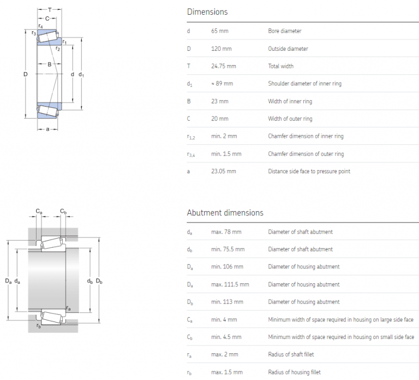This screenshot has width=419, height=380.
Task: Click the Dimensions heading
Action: (x=207, y=11)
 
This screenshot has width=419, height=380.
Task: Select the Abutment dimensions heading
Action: (x=225, y=213)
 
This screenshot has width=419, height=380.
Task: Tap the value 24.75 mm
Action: (x=223, y=66)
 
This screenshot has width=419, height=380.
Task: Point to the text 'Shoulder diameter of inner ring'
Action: (x=304, y=84)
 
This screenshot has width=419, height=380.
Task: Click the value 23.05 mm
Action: (x=223, y=171)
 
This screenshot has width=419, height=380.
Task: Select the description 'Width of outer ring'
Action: (x=290, y=119)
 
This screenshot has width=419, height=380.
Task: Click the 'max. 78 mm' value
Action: (x=226, y=232)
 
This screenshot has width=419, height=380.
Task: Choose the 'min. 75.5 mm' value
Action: (x=228, y=249)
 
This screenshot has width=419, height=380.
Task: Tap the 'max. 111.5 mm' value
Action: (x=230, y=284)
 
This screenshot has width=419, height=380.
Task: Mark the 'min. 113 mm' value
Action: (x=227, y=302)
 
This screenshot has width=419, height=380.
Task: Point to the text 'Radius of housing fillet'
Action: (x=295, y=372)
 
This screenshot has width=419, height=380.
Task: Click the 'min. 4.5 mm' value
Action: (x=226, y=337)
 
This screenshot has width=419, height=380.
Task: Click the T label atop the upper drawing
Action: (x=50, y=10)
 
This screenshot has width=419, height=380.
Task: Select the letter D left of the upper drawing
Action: (x=25, y=74)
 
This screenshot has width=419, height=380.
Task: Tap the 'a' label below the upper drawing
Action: (x=47, y=129)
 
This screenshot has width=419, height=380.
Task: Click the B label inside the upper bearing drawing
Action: (x=49, y=65)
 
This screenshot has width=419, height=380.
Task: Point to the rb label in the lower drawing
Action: (x=38, y=326)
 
